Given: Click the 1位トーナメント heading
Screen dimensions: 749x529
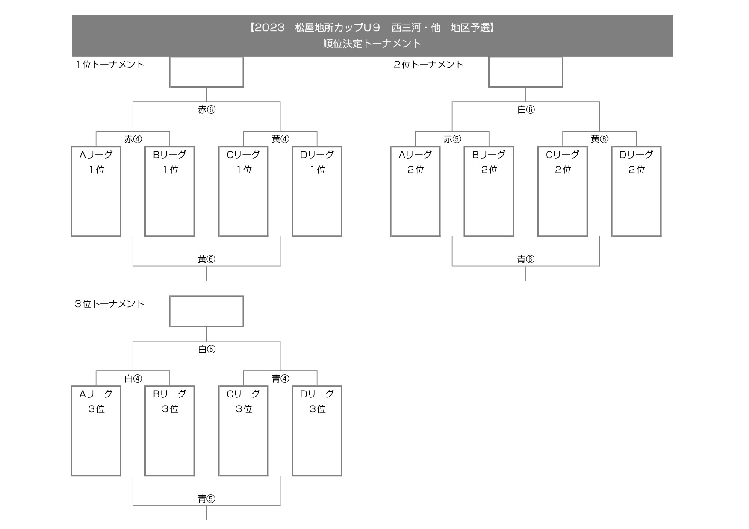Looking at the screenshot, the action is tap(110, 65).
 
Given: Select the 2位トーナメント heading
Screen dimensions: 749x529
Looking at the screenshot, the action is tap(429, 65).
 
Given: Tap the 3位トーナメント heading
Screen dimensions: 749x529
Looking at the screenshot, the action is tap(110, 304).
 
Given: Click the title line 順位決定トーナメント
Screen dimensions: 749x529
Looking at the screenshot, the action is tap(372, 44).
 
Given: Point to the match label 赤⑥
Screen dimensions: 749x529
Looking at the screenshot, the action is tap(207, 110).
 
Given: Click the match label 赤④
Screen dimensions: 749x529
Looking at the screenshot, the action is tap(133, 139).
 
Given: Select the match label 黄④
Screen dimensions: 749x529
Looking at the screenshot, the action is tap(280, 139).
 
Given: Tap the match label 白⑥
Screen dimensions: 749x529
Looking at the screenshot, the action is tap(526, 110).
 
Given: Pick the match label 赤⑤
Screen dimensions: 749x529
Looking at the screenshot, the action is tap(452, 139).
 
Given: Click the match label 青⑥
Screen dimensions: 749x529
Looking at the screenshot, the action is tap(526, 259).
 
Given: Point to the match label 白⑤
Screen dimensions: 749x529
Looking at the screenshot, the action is tap(207, 350).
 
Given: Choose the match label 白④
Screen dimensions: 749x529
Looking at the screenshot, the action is tap(133, 379).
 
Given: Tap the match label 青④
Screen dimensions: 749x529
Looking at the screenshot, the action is tap(280, 379).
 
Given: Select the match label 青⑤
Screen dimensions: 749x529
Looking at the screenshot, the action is tap(207, 499).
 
